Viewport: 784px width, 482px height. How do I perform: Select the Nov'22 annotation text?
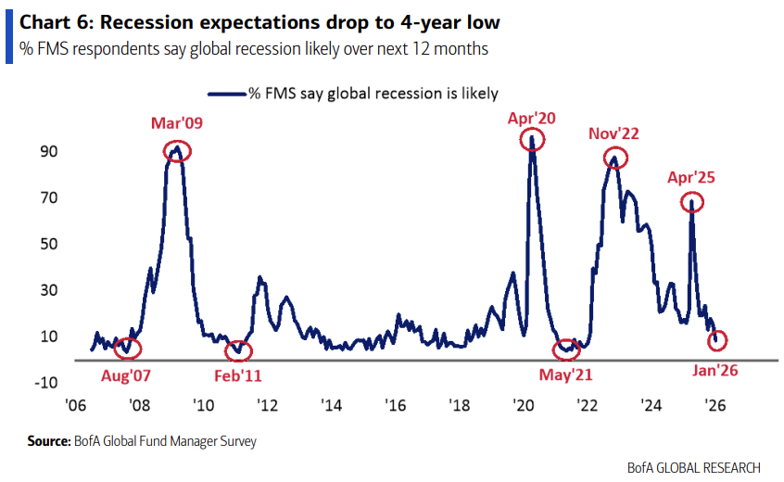[x=613, y=133]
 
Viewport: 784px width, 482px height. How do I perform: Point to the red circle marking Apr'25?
[x=690, y=202]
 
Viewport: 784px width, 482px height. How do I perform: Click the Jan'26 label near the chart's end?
[x=714, y=370]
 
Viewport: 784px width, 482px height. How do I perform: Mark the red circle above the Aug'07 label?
[x=128, y=349]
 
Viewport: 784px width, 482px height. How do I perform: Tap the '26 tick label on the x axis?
[x=714, y=406]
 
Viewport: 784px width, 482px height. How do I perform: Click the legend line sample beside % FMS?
[x=225, y=93]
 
